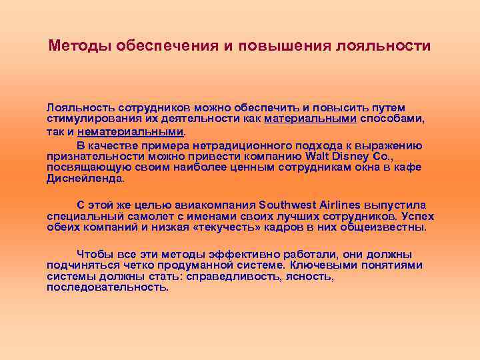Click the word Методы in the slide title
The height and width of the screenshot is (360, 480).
tap(80, 47)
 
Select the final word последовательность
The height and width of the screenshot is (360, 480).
tap(107, 287)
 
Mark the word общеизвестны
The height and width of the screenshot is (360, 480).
tap(387, 227)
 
